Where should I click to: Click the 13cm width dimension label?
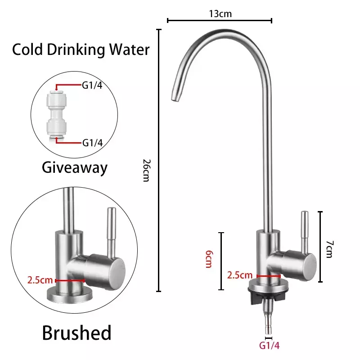(x=220, y=14)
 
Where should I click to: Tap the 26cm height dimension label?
(x=146, y=171)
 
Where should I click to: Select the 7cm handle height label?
(x=329, y=249)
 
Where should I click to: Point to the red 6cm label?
(x=209, y=259)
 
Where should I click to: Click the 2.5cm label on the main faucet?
(x=240, y=275)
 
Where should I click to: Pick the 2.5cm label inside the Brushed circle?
(x=40, y=280)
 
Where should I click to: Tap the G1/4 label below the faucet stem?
(x=269, y=345)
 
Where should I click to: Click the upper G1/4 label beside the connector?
(x=92, y=85)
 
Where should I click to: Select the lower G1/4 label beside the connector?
(x=92, y=143)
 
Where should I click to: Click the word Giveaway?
(x=75, y=168)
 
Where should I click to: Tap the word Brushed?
(x=76, y=333)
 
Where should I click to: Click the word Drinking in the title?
(x=76, y=50)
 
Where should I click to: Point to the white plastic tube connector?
(x=57, y=114)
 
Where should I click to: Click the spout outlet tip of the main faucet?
(x=175, y=98)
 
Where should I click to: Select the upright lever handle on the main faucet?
(x=305, y=230)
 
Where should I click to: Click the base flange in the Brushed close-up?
(x=70, y=295)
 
